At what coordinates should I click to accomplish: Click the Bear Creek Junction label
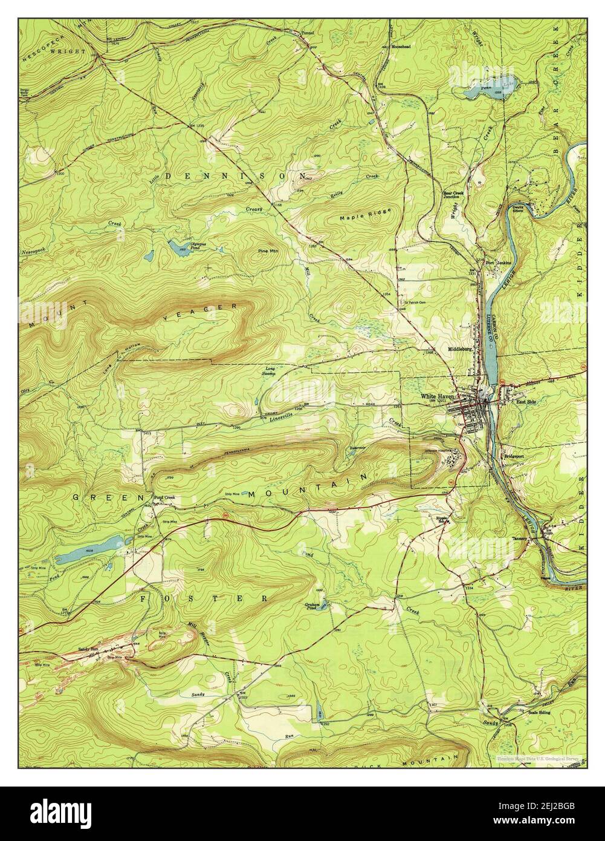453,195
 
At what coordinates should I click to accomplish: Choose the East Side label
526,401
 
